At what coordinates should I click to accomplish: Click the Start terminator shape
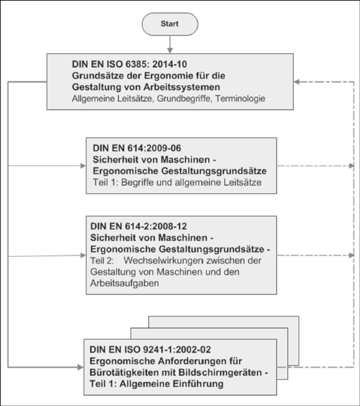[170, 24]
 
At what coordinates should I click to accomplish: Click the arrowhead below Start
[170, 50]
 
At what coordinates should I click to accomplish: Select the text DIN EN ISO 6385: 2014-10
[129, 64]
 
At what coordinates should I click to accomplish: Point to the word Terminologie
[241, 99]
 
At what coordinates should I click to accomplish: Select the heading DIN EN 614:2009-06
[137, 148]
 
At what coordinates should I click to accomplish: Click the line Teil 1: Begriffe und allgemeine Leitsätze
[177, 182]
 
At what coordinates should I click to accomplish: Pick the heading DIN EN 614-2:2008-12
[139, 226]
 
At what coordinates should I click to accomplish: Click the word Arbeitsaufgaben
[125, 283]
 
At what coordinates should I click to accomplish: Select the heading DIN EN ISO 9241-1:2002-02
[150, 350]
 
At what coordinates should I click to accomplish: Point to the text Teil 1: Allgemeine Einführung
[157, 384]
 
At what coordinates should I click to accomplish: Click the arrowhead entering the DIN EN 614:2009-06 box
[83, 166]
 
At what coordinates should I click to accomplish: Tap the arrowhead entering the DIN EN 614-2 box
[83, 255]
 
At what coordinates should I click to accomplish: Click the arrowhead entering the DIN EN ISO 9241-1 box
[80, 367]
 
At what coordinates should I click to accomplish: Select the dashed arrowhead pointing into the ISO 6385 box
[297, 82]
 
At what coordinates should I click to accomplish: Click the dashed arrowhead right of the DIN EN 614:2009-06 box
[352, 166]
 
